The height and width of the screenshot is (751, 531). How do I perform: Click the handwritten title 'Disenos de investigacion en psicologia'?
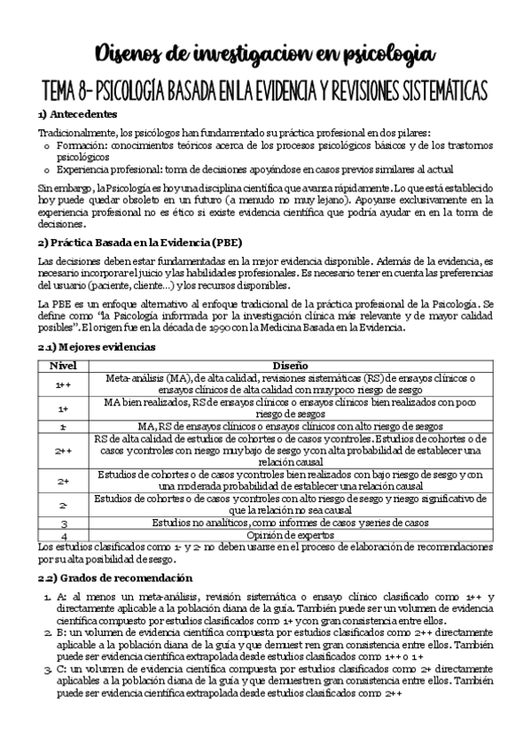coord(265,54)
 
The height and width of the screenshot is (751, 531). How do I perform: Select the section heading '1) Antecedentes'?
coord(75,114)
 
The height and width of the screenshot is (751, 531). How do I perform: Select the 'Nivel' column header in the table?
coord(63,365)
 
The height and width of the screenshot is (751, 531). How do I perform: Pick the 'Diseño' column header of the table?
coord(289,365)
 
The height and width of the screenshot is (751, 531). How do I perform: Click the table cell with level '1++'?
coord(63,383)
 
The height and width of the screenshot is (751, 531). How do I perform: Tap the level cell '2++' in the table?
coord(63,449)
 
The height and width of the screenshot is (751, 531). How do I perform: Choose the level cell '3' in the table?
coord(63,523)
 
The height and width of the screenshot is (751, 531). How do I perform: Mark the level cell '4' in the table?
coord(63,536)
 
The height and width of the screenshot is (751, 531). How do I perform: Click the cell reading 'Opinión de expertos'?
coord(289,536)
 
